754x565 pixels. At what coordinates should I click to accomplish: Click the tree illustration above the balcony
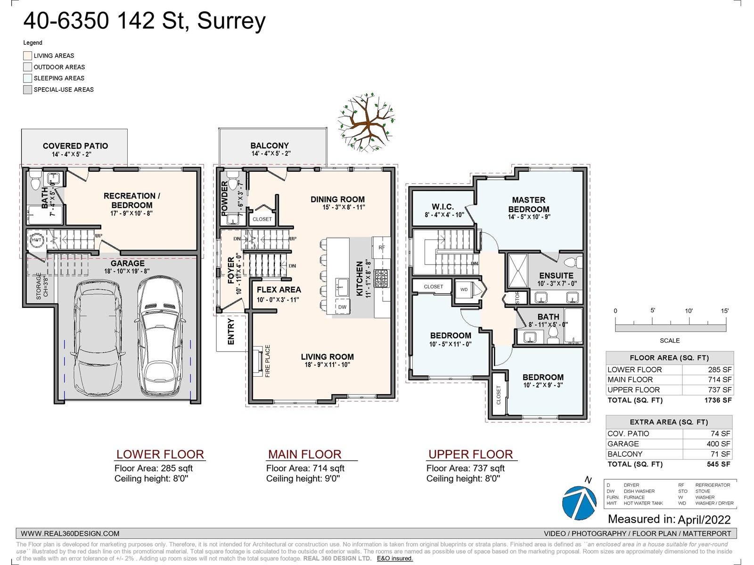coord(366,122)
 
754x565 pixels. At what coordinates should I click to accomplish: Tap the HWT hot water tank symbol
coord(36,240)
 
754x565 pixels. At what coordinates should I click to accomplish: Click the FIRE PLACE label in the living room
coord(268,361)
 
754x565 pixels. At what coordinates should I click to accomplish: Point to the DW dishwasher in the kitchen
coord(342,307)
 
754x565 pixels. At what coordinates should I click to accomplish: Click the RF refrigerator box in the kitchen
coord(382,247)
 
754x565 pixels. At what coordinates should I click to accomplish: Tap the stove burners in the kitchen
coord(381,278)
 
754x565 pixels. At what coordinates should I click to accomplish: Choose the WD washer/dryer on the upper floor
coord(464,290)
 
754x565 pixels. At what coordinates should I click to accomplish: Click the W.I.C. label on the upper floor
coord(443,207)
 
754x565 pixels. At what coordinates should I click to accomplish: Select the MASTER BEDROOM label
coord(529,204)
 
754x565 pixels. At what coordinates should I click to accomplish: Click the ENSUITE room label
coord(556,275)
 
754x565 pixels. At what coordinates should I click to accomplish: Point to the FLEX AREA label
coord(279,290)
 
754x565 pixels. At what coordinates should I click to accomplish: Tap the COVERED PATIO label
coord(75,146)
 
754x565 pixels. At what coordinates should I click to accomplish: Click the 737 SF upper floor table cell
coord(720,390)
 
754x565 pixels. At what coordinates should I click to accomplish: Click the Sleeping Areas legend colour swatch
coord(28,78)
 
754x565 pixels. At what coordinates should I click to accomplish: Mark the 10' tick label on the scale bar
coord(688,311)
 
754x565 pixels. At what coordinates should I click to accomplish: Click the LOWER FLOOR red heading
coord(160,454)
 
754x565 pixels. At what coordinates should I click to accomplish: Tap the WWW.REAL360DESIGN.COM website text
coord(70,533)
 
